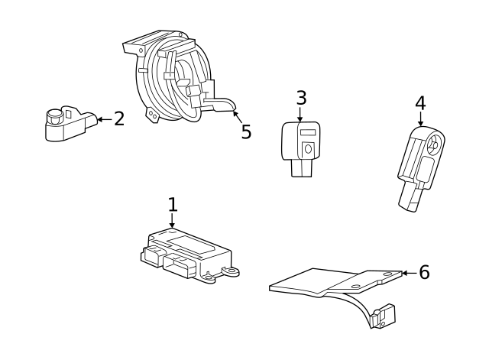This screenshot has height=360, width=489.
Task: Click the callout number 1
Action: [173, 204]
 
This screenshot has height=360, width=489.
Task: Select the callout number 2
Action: [118, 119]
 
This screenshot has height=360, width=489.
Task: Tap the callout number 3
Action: [301, 98]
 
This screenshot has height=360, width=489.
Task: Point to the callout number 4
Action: [420, 103]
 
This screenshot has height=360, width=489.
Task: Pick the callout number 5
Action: [245, 132]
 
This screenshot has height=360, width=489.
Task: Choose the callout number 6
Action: [424, 272]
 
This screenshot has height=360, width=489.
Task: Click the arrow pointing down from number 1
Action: [173, 221]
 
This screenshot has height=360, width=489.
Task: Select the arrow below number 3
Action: [301, 115]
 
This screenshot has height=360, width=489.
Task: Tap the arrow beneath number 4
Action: [420, 120]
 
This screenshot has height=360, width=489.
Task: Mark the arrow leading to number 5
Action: [238, 118]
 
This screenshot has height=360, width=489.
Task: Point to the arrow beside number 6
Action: [408, 273]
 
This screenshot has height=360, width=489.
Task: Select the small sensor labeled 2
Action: [65, 125]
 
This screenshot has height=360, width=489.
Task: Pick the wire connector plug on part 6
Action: [384, 316]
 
